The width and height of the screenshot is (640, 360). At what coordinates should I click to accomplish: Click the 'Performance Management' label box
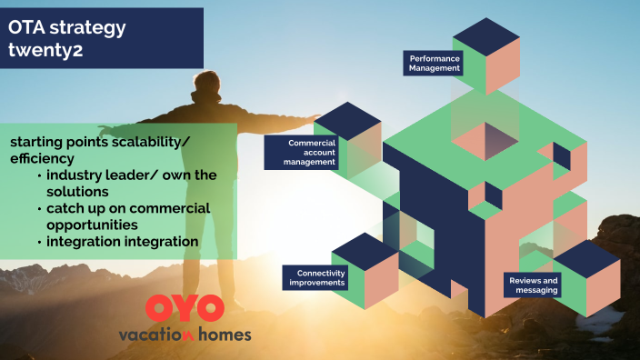[x=435, y=63]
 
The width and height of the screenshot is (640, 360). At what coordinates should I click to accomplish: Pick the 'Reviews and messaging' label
[x=534, y=285]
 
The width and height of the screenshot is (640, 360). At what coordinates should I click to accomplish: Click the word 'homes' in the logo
[x=222, y=334]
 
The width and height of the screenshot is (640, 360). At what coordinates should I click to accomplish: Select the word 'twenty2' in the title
[x=46, y=50]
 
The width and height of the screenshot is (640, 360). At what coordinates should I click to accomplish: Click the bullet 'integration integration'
[x=122, y=242]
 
